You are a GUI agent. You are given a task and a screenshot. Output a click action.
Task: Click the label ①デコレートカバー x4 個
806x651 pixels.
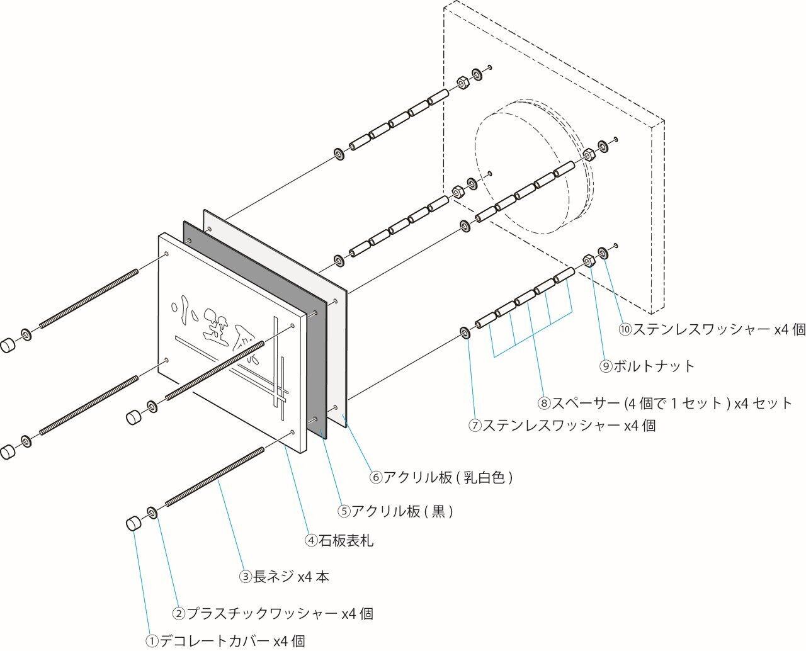coord(225,641)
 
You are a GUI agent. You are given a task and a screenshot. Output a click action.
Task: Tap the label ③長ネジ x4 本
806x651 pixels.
coord(284,577)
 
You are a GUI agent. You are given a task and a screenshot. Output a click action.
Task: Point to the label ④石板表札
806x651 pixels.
coord(339,540)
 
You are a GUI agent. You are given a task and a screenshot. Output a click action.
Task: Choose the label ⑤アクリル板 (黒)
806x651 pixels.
coord(395,511)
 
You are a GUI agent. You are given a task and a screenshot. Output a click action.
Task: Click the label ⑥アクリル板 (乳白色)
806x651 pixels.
coord(441,477)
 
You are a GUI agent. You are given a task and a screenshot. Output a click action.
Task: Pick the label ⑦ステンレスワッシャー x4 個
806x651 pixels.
coord(562,425)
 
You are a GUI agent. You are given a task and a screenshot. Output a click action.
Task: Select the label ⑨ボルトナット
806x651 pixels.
coord(647,366)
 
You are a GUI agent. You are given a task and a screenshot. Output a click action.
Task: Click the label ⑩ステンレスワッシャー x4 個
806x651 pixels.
coord(712,329)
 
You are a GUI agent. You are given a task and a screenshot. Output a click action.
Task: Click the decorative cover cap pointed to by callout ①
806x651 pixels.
coord(133,524)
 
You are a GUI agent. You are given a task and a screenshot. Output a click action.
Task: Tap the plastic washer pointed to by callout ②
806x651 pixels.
coord(152,513)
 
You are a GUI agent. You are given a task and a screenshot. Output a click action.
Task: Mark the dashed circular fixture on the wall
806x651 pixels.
coord(533,166)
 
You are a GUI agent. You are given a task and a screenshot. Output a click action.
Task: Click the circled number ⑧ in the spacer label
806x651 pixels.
coord(544,403)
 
